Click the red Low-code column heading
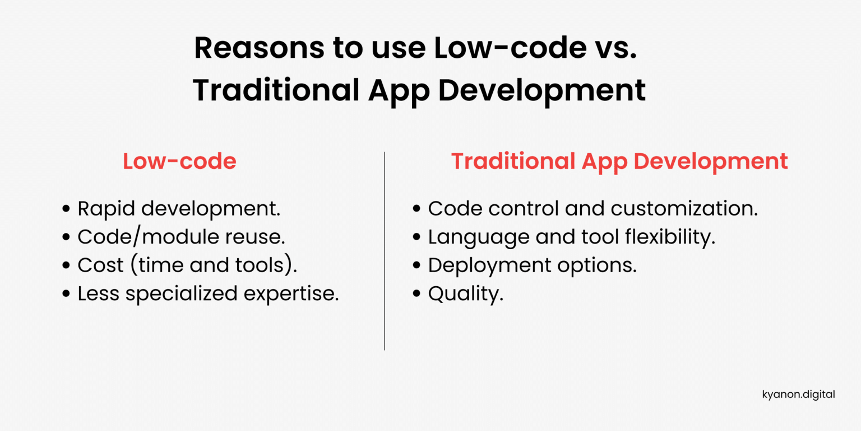point(179,162)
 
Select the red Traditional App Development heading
point(619,162)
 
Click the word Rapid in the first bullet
point(107,209)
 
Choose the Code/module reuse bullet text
point(182,237)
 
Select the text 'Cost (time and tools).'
point(187,265)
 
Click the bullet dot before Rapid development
point(66,209)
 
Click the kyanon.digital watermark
point(798,395)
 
